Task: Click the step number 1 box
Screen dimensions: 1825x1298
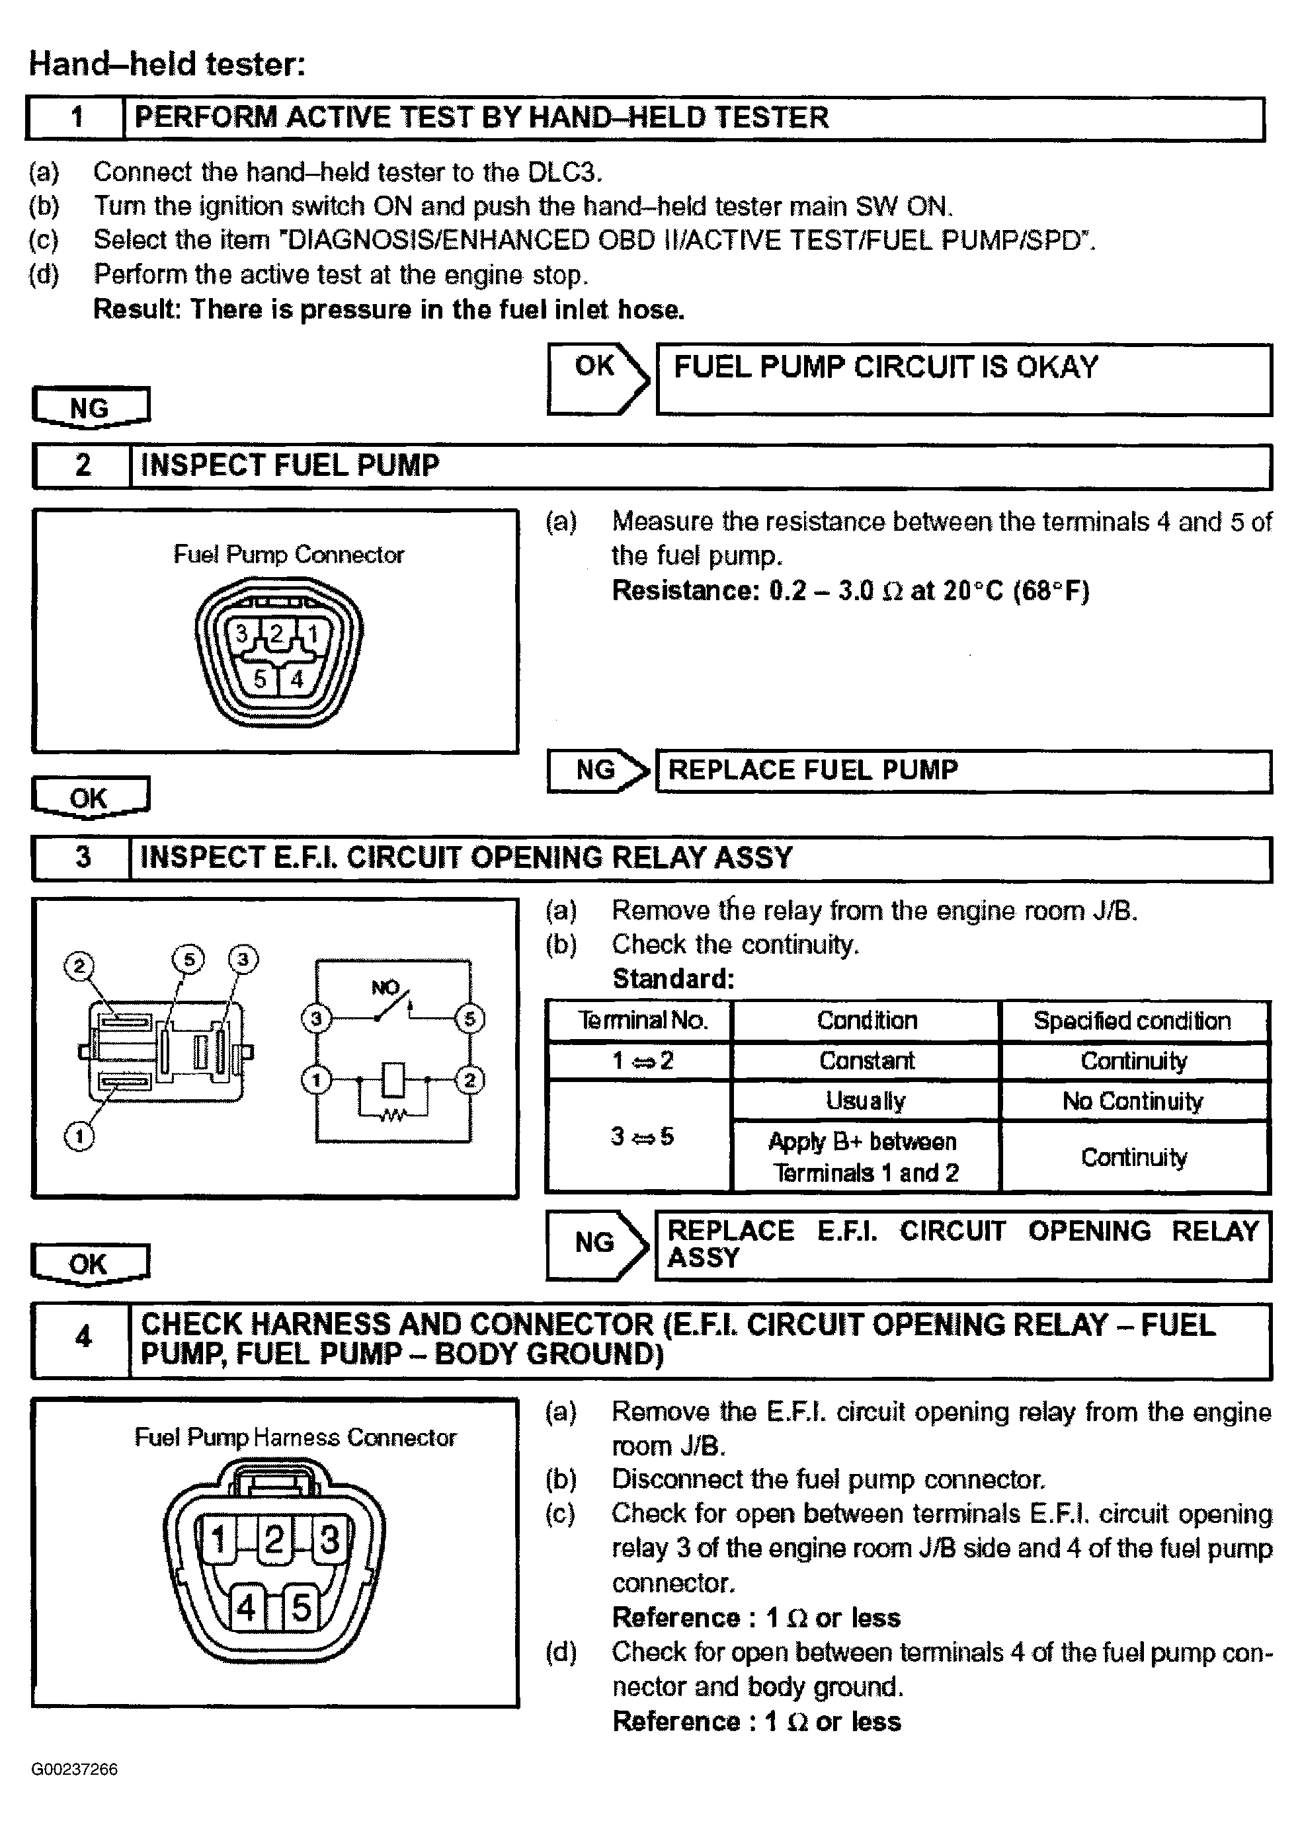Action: coord(77,118)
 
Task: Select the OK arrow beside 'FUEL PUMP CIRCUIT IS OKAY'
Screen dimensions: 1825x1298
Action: coord(597,378)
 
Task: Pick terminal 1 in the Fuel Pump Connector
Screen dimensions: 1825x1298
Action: coord(313,635)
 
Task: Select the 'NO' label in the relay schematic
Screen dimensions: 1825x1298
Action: coord(385,988)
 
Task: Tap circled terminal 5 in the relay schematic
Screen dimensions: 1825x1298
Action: coord(469,1019)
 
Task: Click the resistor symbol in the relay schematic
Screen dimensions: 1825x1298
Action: coord(392,1114)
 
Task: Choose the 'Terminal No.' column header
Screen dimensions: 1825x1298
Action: coord(642,1021)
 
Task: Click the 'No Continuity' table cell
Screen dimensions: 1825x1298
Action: coord(1133,1101)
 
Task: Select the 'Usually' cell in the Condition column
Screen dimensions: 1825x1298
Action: coord(866,1101)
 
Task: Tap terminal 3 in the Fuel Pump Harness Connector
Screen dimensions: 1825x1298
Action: coord(329,1539)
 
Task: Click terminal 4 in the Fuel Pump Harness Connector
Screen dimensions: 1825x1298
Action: coord(245,1607)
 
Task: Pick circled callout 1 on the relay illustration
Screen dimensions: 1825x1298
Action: coord(78,1136)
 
